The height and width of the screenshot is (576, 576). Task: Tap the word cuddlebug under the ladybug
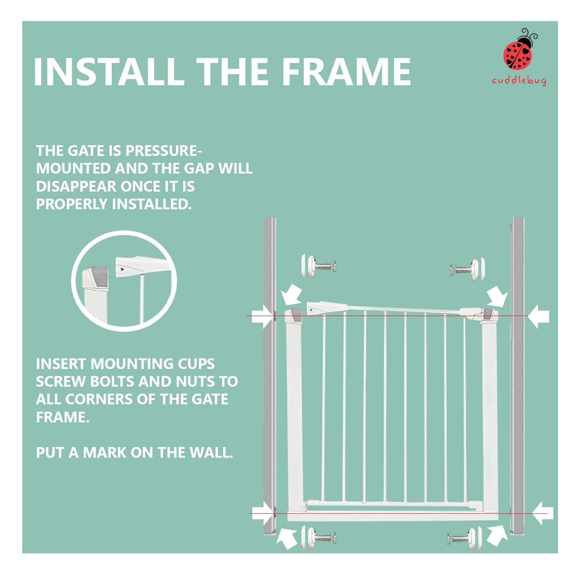coord(519,81)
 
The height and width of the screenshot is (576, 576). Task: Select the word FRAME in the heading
coord(346,72)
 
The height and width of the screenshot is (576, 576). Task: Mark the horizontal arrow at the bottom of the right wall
coord(543,513)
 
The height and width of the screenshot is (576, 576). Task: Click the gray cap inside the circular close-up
coord(99,277)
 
